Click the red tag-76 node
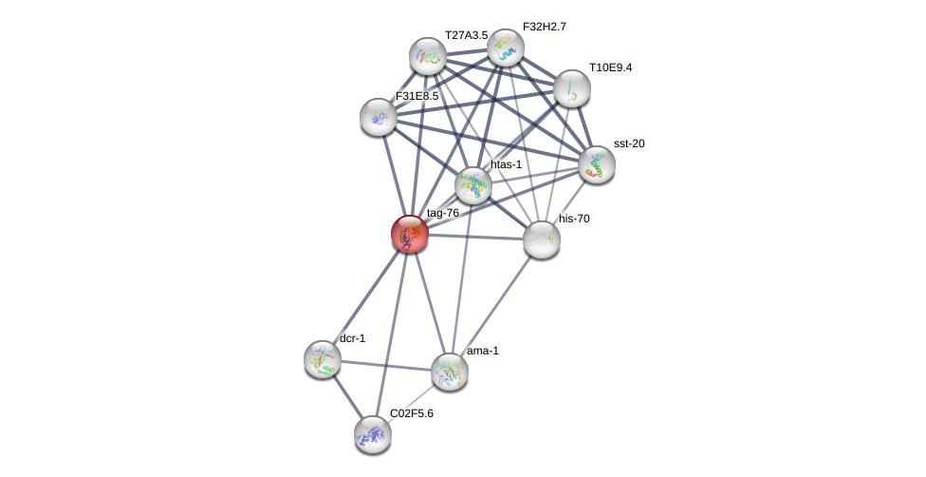[410, 234]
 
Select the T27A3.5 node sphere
[428, 56]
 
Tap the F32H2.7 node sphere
[506, 48]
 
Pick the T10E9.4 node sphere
[572, 88]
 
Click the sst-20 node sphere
[597, 164]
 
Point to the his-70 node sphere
[542, 239]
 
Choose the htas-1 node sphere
[473, 185]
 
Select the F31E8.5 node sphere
[379, 117]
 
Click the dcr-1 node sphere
[323, 359]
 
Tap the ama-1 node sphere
[450, 372]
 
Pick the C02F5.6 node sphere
[373, 434]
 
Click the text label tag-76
[442, 213]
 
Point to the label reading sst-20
[629, 143]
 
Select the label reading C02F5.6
[411, 413]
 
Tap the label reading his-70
[574, 219]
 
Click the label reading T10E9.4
[610, 67]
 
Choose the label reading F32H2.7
[544, 27]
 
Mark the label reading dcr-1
[352, 338]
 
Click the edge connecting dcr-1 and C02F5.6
[347, 396]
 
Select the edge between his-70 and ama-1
[496, 305]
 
